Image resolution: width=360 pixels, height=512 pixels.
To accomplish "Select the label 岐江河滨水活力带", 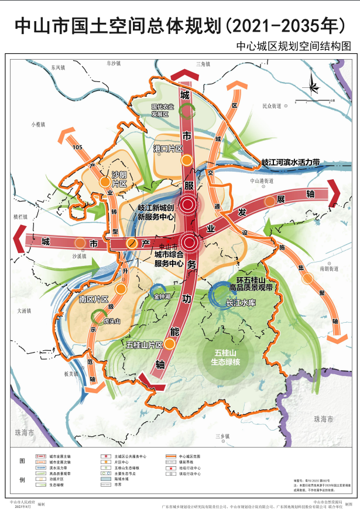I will [290, 161].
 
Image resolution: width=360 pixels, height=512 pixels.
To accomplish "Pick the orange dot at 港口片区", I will [186, 160].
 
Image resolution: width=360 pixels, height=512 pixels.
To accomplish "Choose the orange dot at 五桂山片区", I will [169, 344].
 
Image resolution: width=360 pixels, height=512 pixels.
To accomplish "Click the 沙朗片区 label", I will [119, 179].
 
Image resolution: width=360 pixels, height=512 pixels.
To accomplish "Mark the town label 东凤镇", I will [58, 68].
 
